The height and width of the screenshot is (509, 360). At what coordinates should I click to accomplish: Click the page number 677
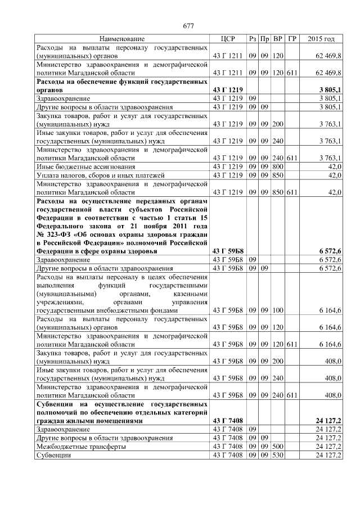pos(188,26)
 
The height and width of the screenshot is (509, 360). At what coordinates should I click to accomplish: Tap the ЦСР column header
pos(227,39)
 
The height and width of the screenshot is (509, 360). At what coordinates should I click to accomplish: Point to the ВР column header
pos(277,39)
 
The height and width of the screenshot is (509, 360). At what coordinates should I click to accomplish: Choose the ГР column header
pos(292,39)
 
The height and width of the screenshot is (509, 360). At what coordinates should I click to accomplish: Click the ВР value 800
pos(277,167)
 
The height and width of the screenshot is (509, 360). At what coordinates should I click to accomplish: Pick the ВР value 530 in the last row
pos(277,454)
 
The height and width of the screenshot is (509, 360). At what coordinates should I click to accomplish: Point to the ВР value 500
pos(277,446)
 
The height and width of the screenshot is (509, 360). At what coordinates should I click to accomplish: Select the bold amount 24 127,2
pos(328,420)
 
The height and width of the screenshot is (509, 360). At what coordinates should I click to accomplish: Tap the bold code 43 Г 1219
pos(227,90)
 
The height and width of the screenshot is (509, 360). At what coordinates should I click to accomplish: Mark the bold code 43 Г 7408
pos(227,420)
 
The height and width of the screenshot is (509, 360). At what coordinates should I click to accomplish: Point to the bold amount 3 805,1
pos(330,90)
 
